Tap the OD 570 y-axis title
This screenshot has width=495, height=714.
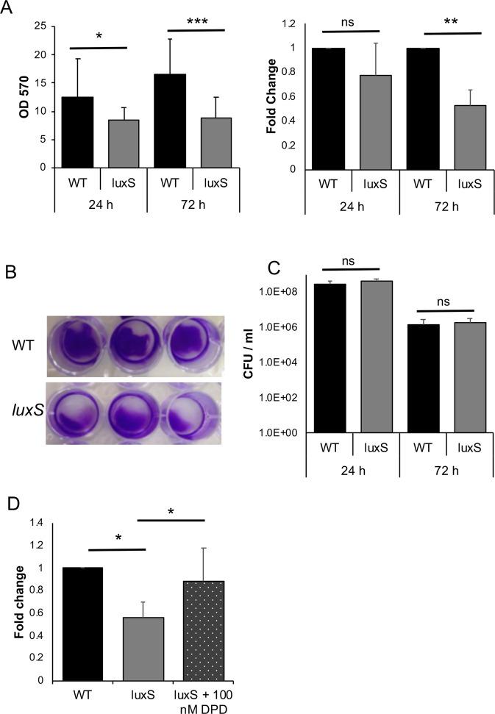[11, 96]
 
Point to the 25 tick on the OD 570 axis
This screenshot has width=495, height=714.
[42, 26]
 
